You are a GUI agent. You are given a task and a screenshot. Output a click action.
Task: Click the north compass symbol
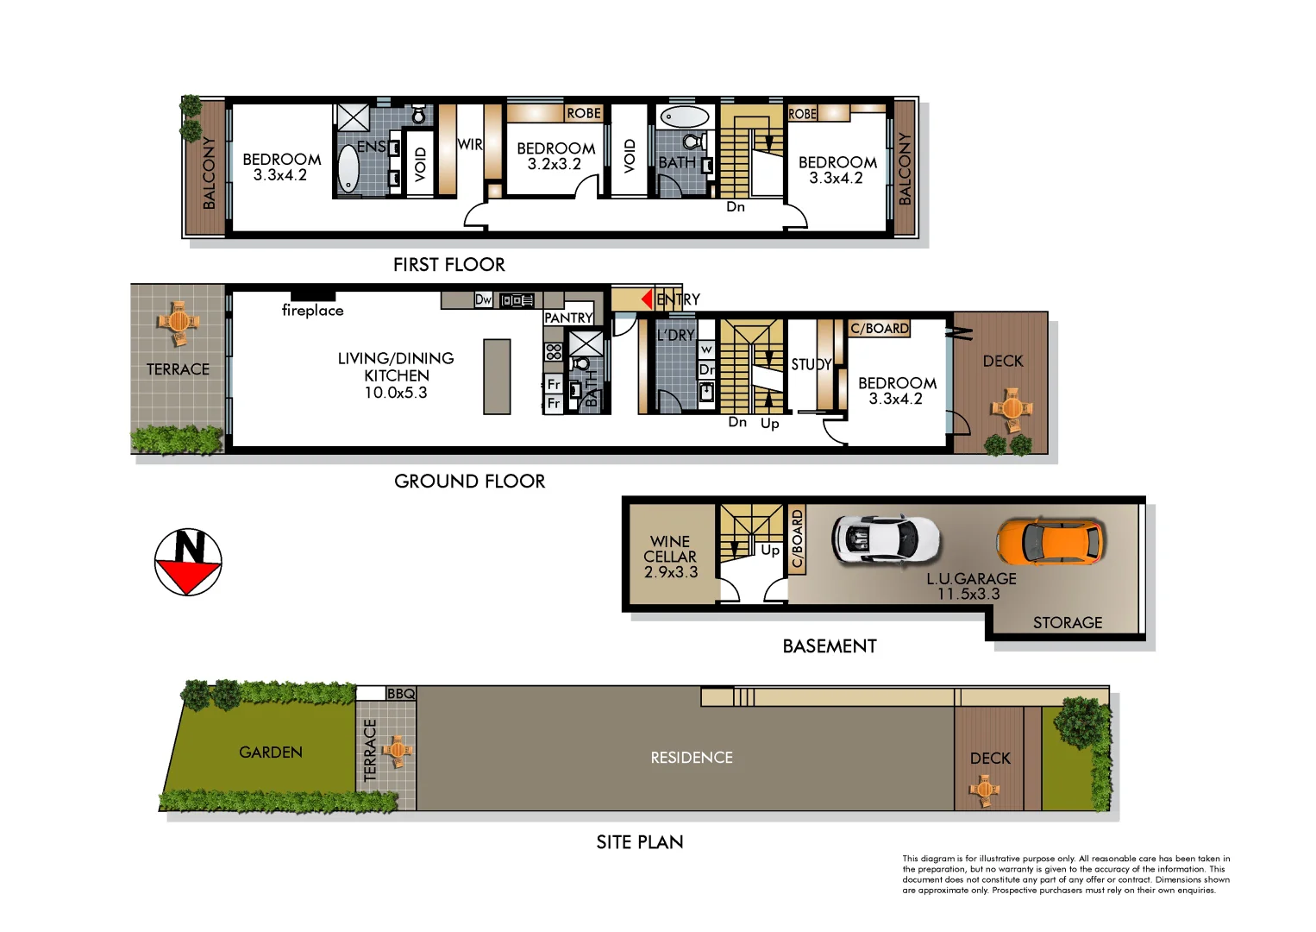(x=188, y=562)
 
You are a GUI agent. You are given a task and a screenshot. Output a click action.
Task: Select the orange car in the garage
(x=1050, y=542)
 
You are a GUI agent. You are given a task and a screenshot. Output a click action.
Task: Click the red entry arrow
(x=646, y=299)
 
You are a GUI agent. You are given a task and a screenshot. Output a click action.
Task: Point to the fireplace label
(x=312, y=311)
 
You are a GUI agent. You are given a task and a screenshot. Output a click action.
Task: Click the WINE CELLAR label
(x=670, y=557)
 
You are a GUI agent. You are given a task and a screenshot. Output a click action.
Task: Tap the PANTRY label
(x=568, y=318)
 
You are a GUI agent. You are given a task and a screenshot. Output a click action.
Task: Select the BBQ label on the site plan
(x=401, y=694)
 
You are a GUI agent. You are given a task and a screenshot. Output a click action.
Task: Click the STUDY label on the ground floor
(x=811, y=364)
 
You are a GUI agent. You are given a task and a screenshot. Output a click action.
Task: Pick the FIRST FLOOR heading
(x=448, y=265)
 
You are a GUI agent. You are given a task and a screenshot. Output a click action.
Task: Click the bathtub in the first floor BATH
(x=685, y=116)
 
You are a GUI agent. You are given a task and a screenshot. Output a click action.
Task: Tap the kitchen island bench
(x=497, y=376)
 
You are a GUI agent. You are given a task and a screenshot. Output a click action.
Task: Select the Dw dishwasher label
(x=483, y=299)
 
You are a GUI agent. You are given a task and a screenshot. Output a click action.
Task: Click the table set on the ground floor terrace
(x=179, y=323)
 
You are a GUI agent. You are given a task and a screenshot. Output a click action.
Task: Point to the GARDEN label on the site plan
(x=271, y=753)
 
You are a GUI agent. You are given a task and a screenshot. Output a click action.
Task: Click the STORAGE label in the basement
(x=1067, y=623)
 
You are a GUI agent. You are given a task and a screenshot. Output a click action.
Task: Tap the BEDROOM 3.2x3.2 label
(x=555, y=156)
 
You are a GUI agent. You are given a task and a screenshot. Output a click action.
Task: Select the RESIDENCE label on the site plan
(x=692, y=758)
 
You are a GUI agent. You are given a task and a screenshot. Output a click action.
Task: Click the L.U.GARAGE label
(x=971, y=586)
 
